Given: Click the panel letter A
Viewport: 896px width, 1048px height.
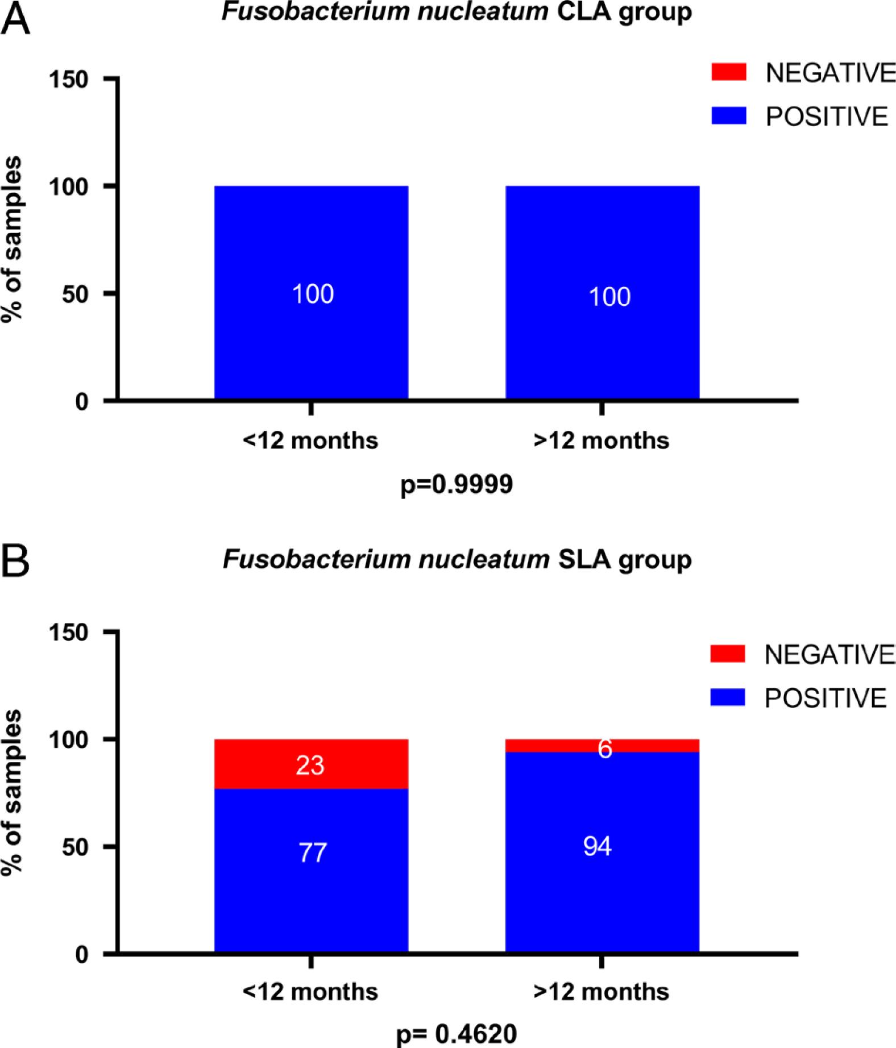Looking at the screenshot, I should coord(15,21).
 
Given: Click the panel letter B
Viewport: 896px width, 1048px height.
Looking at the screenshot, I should coord(15,562).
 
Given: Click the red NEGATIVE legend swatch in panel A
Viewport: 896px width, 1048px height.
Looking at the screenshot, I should coord(728,72).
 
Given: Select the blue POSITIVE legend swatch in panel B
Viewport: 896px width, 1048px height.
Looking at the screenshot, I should coord(728,698).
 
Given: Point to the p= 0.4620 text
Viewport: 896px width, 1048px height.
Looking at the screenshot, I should coord(457,1033).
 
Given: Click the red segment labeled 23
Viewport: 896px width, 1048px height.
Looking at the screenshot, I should coord(311,764).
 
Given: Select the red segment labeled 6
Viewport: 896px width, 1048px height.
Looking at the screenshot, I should coord(603,746).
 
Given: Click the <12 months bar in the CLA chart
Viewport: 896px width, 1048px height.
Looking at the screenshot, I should coord(311,293).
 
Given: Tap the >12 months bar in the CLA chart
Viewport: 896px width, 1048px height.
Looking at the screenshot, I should coord(603,293).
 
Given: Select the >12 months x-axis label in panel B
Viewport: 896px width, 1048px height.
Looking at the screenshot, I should coord(602,992).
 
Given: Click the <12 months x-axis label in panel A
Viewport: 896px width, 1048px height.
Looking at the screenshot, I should coord(310,440).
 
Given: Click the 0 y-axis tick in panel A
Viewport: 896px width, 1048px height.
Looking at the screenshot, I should coord(82,402).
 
